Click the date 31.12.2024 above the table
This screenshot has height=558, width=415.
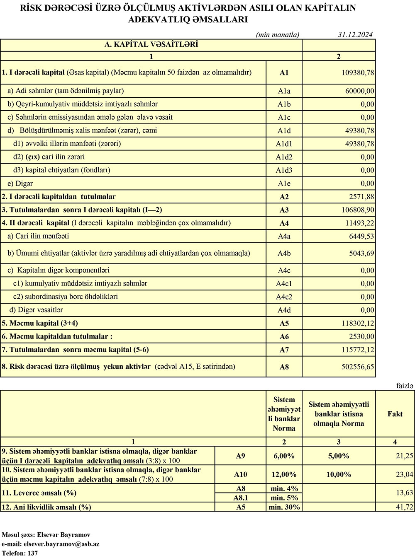point(355,35)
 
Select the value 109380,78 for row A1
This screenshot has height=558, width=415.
point(358,73)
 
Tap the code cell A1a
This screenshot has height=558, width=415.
point(284,91)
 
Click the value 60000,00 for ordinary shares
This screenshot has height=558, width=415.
point(359,91)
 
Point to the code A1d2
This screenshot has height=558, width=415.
point(284,157)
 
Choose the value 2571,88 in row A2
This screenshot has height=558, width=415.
point(361,197)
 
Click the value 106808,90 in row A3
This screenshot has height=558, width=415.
point(358,210)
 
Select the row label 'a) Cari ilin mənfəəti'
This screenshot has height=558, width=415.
point(38,236)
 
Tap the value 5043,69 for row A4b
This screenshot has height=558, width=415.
point(361,254)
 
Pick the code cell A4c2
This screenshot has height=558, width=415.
point(284,297)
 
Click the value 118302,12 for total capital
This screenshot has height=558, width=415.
point(358,324)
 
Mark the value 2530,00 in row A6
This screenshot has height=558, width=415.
point(361,337)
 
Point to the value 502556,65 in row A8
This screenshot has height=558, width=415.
point(358,367)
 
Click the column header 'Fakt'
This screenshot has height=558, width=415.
point(395,414)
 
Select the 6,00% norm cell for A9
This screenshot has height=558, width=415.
point(284,456)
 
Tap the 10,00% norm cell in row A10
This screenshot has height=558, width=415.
point(339,475)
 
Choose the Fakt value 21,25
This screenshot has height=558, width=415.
point(404,456)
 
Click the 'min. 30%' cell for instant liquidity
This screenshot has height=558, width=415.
point(284,507)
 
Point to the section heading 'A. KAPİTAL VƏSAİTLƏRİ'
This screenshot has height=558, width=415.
point(151,44)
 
